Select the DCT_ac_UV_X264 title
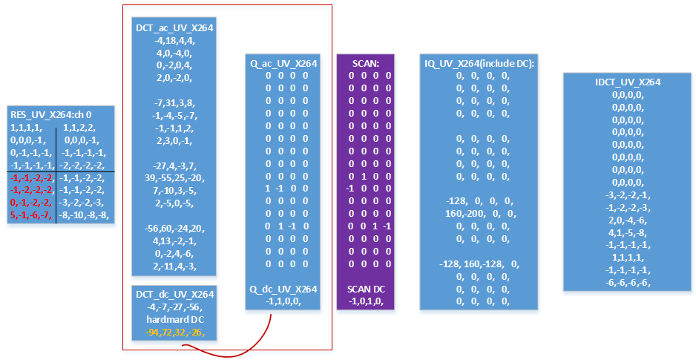tap(175, 28)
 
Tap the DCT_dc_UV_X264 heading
tap(175, 295)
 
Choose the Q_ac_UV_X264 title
tap(283, 64)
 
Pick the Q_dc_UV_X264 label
tap(283, 289)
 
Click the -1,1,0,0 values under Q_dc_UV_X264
tap(283, 301)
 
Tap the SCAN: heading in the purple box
tap(365, 64)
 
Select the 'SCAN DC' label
tap(365, 289)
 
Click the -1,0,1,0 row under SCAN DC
tap(365, 301)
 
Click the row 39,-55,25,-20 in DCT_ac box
tap(175, 179)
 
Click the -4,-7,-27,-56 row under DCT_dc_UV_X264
tap(175, 307)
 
